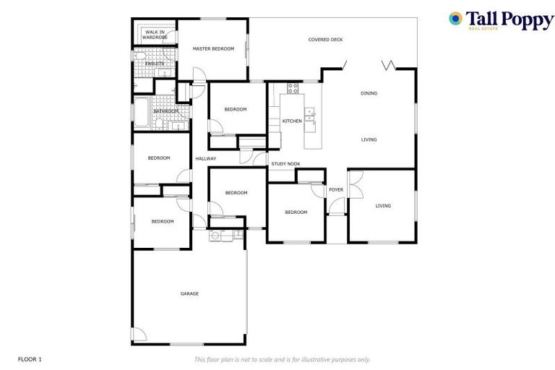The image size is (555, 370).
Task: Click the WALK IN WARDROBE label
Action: click(x=154, y=35)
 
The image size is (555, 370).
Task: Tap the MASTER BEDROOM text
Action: click(x=213, y=48)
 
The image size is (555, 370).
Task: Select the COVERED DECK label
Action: click(x=325, y=40)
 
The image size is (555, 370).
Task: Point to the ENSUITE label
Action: click(x=154, y=64)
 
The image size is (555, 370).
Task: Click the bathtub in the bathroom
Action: click(x=141, y=111)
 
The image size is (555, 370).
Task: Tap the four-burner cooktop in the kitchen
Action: click(x=293, y=88)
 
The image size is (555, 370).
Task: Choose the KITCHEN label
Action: click(x=292, y=121)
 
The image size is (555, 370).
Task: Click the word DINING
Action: click(x=369, y=92)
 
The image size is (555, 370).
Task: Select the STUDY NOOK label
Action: click(x=285, y=164)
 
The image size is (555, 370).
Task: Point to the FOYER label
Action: click(x=336, y=189)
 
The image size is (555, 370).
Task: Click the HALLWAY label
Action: click(x=205, y=158)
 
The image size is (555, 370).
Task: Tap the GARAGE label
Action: click(x=189, y=293)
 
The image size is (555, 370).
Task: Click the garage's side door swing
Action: click(x=139, y=335)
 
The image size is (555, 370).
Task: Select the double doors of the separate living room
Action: click(x=356, y=184)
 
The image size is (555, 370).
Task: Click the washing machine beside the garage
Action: click(x=215, y=235)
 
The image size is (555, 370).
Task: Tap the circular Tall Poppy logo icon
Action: click(x=455, y=18)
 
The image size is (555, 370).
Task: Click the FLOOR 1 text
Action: click(x=30, y=359)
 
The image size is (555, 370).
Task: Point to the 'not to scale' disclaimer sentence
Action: click(x=282, y=359)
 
